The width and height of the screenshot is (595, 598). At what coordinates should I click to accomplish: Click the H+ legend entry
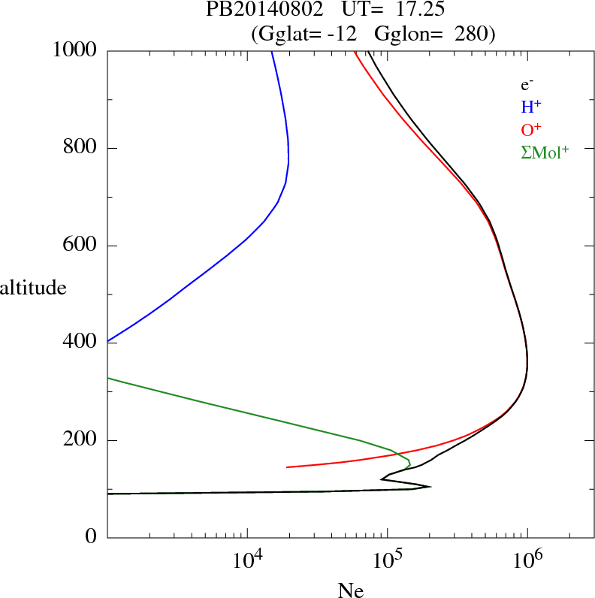pos(531,107)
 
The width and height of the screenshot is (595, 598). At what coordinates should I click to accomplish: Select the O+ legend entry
pos(531,130)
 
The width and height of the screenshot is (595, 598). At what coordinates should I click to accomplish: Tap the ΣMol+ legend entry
pos(545,153)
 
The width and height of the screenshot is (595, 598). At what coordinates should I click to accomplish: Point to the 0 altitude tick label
pos(91,537)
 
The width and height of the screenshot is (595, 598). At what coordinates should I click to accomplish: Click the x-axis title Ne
pos(350,590)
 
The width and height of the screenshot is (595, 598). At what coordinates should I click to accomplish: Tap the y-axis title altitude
pos(33,287)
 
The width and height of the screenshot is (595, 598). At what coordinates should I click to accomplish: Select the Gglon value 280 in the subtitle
pos(472,34)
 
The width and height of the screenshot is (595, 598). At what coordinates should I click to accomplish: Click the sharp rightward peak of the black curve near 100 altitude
pos(430,486)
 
